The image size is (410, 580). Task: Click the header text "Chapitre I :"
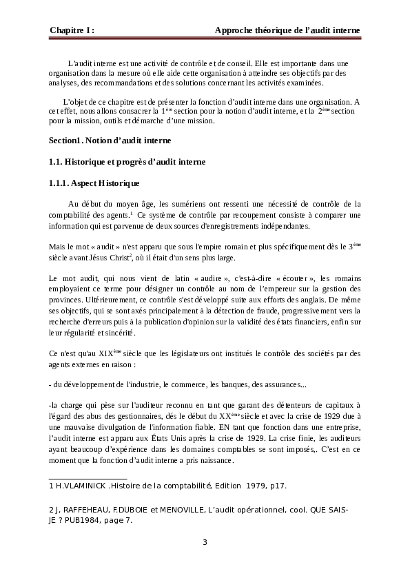coord(72,31)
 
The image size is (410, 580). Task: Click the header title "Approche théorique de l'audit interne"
coord(287,31)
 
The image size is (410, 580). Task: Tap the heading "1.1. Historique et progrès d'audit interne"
coord(127,163)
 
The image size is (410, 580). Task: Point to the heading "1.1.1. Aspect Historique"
coord(94,184)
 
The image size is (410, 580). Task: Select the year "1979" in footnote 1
coord(256,486)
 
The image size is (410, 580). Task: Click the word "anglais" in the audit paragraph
coord(320,302)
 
